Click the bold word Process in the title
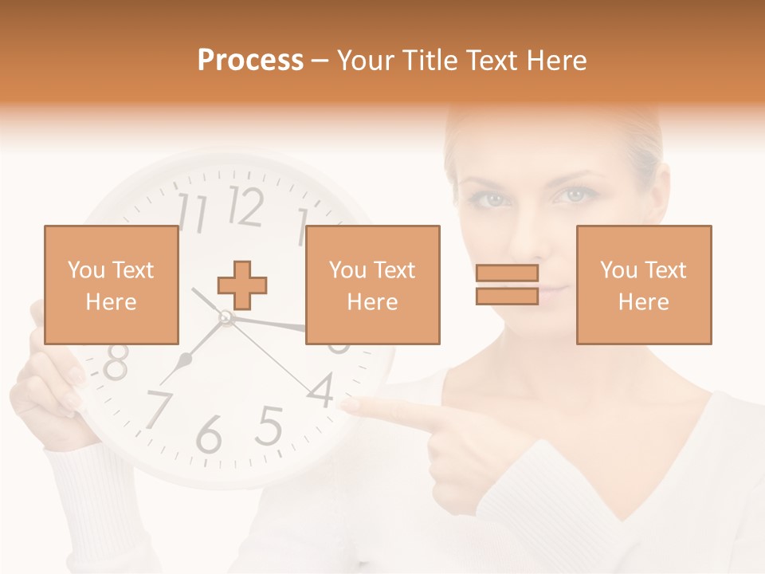point(250,60)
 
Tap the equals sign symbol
point(507,285)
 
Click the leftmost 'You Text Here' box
point(111,285)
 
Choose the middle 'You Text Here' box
point(372,285)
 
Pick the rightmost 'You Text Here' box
point(643,285)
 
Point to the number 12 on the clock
point(245,206)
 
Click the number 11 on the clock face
point(192,212)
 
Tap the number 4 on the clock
point(321,390)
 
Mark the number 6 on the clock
point(209,434)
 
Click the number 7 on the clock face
point(157,408)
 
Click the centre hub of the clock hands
point(226,318)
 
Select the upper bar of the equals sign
point(507,273)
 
